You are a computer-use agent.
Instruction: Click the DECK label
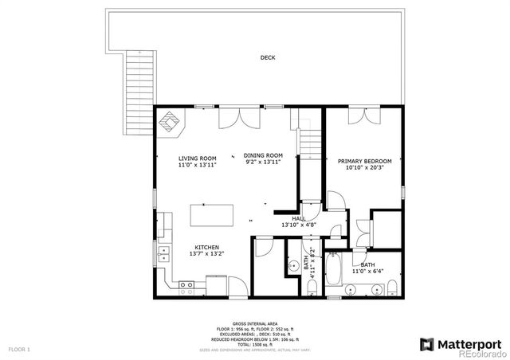click(x=268, y=57)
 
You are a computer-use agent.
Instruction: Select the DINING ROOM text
click(x=263, y=155)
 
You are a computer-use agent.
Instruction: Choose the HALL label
click(x=299, y=218)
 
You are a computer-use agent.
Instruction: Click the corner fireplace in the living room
click(x=171, y=123)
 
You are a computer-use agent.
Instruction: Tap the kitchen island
click(x=212, y=215)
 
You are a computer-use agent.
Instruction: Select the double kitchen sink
click(x=165, y=255)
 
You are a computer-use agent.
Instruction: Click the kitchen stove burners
click(x=187, y=284)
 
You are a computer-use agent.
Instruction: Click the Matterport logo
click(x=460, y=343)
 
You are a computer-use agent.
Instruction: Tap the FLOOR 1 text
click(x=19, y=349)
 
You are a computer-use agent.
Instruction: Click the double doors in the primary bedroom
click(x=362, y=115)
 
